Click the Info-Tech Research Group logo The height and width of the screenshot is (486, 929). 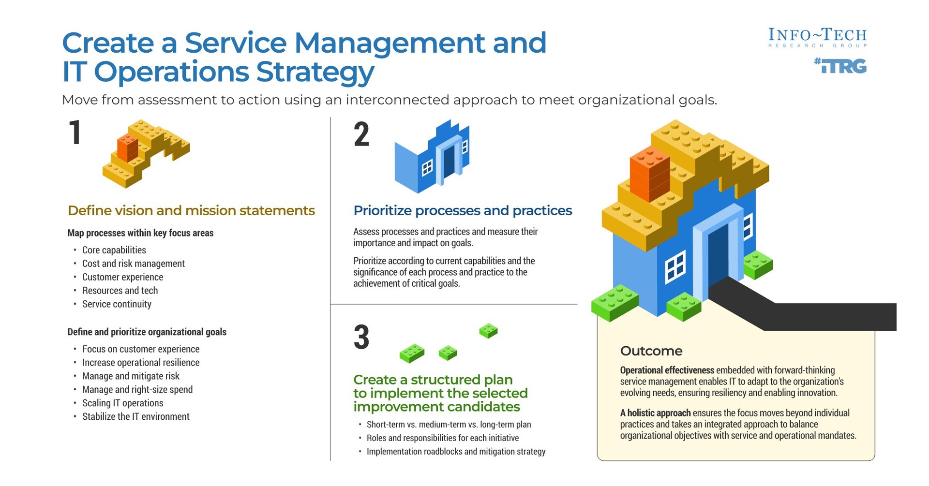click(x=817, y=38)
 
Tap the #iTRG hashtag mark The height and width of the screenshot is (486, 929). click(x=840, y=65)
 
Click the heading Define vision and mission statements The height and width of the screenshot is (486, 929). click(x=191, y=211)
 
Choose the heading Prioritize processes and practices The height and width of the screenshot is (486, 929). click(x=463, y=211)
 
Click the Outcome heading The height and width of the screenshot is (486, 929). click(x=651, y=351)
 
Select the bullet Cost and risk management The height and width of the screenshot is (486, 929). click(x=134, y=264)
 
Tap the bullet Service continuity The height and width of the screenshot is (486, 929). click(x=117, y=304)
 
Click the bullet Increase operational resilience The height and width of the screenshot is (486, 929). click(x=141, y=363)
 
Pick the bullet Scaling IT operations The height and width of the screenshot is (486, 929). click(x=122, y=403)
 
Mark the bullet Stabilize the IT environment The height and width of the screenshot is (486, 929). click(x=136, y=416)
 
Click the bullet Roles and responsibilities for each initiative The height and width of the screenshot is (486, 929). click(x=443, y=438)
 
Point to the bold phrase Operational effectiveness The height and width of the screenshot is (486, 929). click(x=667, y=370)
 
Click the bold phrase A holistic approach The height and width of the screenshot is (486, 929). click(x=656, y=413)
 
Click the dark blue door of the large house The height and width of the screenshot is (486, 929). click(x=719, y=256)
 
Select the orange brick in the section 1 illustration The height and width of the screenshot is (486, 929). click(x=128, y=147)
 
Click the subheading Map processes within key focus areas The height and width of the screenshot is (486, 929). click(x=140, y=233)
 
